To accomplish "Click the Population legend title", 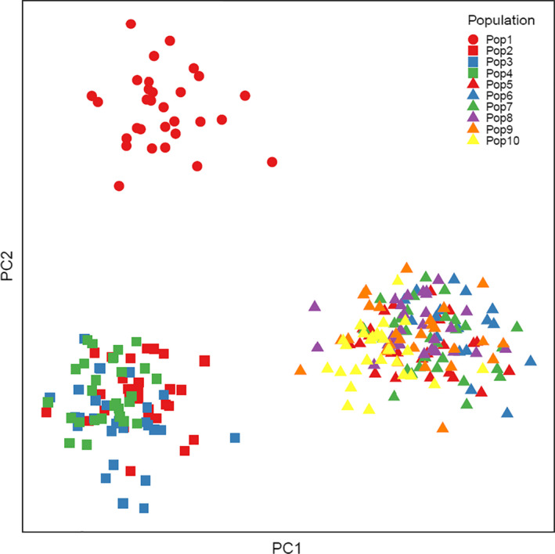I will (500, 19).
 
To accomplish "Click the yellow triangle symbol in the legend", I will (473, 141).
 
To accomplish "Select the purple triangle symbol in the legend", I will (473, 118).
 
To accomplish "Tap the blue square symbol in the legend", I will (473, 62).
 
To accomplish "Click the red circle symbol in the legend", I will (473, 39).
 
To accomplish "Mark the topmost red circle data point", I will (131, 24).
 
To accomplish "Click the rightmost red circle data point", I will (272, 162).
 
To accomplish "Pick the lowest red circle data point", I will (119, 186).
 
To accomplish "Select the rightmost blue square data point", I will (235, 438).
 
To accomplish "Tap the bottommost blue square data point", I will (144, 508).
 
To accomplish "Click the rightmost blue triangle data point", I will (531, 361).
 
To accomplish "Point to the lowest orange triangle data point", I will (443, 427).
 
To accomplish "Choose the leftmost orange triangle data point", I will (301, 369).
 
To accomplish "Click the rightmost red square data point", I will (204, 361).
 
